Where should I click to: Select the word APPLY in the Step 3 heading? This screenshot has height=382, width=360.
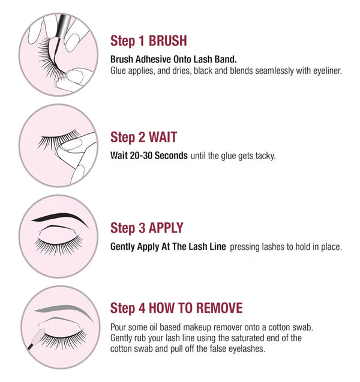coord(161,228)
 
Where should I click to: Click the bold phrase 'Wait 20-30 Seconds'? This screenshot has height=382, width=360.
coord(149,156)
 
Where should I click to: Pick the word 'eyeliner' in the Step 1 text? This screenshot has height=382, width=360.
coord(323,70)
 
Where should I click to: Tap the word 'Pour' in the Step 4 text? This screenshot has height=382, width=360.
coord(119,327)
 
